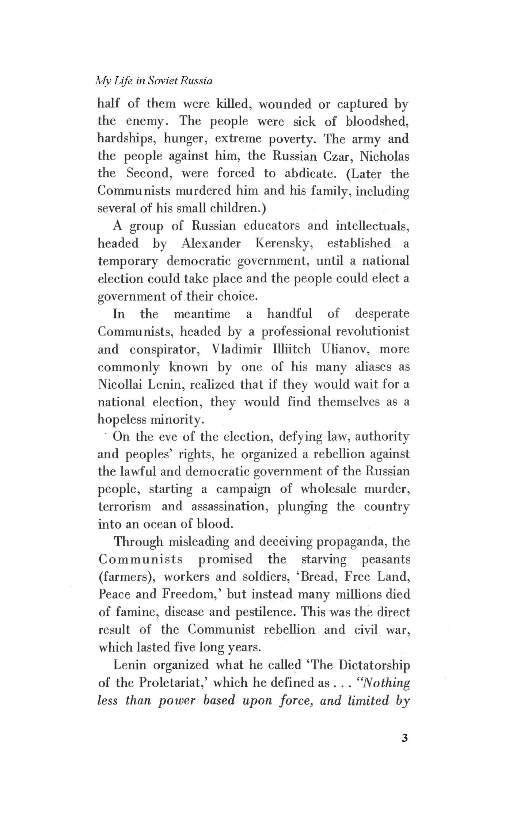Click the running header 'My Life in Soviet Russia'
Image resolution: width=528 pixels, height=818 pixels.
[x=153, y=81]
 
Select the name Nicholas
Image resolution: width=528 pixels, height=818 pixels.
[x=384, y=156]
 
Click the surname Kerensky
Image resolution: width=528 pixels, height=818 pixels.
[x=284, y=243]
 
